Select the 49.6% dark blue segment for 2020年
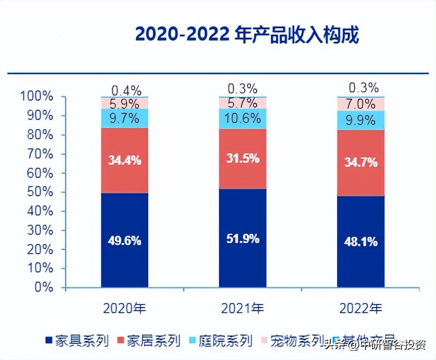[x=124, y=240]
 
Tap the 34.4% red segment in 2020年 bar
[x=124, y=160]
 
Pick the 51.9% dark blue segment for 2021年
[x=242, y=238]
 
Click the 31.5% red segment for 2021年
[x=242, y=158]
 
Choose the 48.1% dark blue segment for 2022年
[x=360, y=242]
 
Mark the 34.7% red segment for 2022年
[x=360, y=163]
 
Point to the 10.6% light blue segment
[x=242, y=118]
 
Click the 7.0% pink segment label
[x=360, y=104]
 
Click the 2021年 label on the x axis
[x=242, y=308]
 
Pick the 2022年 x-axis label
[x=360, y=308]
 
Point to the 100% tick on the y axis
[x=37, y=96]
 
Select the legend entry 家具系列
[x=76, y=340]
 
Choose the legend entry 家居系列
[x=148, y=340]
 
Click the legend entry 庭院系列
[x=220, y=340]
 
